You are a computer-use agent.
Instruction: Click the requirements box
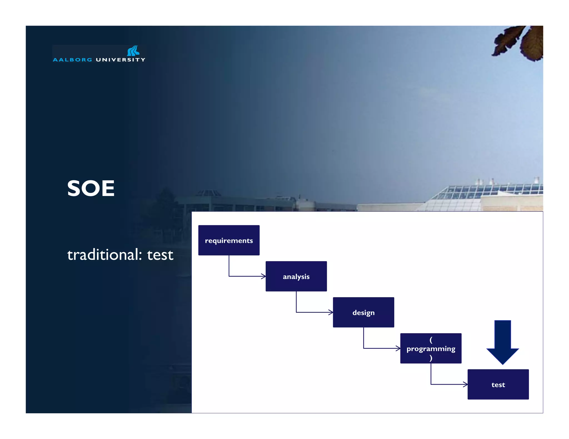(229, 240)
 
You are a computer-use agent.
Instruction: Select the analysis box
(296, 276)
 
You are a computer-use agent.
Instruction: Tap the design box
(363, 312)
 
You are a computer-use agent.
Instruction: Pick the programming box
(431, 349)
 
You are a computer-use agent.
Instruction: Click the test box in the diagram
(498, 385)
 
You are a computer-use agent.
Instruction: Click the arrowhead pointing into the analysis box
(263, 276)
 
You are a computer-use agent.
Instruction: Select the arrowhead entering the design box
(331, 312)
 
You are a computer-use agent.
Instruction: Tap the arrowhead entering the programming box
(398, 348)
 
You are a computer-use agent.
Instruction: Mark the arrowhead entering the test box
(465, 384)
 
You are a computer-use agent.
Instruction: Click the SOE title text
(91, 188)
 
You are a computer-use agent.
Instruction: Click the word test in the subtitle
(160, 255)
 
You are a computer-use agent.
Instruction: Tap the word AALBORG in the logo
(72, 60)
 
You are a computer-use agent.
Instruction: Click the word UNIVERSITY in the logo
(120, 60)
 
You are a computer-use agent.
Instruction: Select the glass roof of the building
(483, 191)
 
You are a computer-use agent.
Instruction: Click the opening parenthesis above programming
(431, 340)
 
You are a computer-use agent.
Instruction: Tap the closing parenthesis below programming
(431, 358)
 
